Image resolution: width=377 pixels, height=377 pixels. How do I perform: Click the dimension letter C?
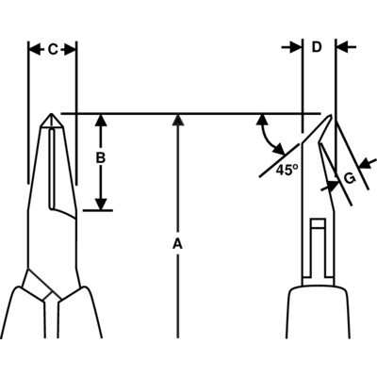pyautogui.click(x=53, y=50)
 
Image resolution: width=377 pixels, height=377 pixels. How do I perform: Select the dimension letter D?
pyautogui.click(x=317, y=47)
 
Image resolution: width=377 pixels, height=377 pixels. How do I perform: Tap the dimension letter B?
pyautogui.click(x=100, y=158)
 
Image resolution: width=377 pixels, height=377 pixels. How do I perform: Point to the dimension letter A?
pyautogui.click(x=177, y=244)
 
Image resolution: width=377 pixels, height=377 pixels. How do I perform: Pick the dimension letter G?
pyautogui.click(x=350, y=178)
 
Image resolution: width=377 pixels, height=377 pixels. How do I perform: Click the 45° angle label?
pyautogui.click(x=287, y=170)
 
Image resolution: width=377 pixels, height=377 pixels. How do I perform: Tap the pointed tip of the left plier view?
pyautogui.click(x=52, y=114)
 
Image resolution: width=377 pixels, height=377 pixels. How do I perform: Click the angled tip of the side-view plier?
pyautogui.click(x=330, y=116)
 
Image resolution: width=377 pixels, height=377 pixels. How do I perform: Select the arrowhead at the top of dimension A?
pyautogui.click(x=178, y=120)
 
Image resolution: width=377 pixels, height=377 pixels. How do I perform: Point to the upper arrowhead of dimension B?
pyautogui.click(x=101, y=120)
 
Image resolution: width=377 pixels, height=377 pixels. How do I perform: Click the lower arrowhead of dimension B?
pyautogui.click(x=101, y=204)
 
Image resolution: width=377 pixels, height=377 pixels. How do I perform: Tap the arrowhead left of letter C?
pyautogui.click(x=34, y=50)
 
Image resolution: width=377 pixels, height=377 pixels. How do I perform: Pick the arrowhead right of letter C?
pyautogui.click(x=71, y=50)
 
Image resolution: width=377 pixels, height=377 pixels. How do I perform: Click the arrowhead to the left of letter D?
pyautogui.click(x=295, y=47)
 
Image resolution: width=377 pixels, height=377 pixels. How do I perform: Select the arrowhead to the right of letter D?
pyautogui.click(x=342, y=47)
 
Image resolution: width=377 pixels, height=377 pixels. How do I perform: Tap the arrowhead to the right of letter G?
pyautogui.click(x=366, y=164)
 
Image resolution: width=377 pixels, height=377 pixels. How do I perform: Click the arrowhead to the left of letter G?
pyautogui.click(x=333, y=185)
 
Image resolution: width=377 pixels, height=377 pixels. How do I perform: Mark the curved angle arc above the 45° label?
pyautogui.click(x=268, y=135)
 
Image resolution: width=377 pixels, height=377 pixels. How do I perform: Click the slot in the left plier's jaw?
pyautogui.click(x=52, y=168)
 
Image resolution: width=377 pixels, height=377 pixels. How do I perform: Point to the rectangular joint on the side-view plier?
pyautogui.click(x=318, y=248)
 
